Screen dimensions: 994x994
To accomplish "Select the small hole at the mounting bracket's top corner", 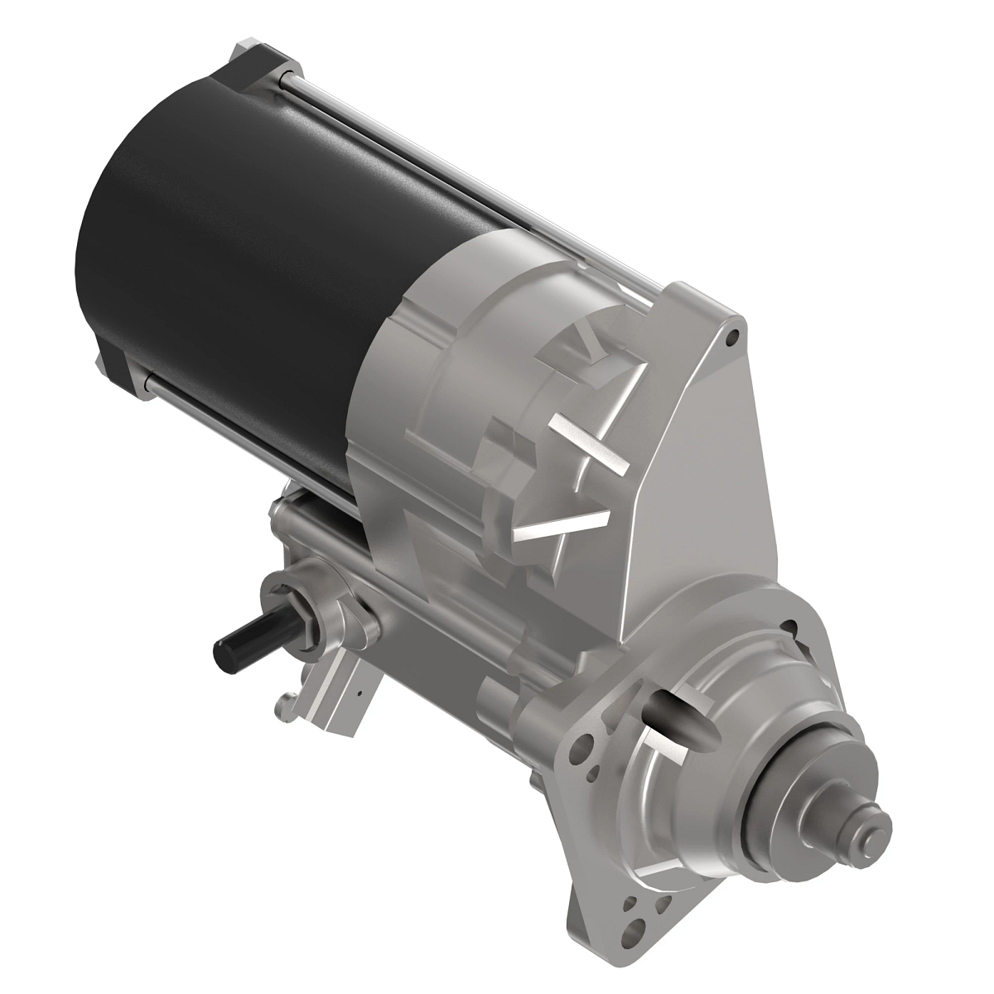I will click(x=732, y=339).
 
